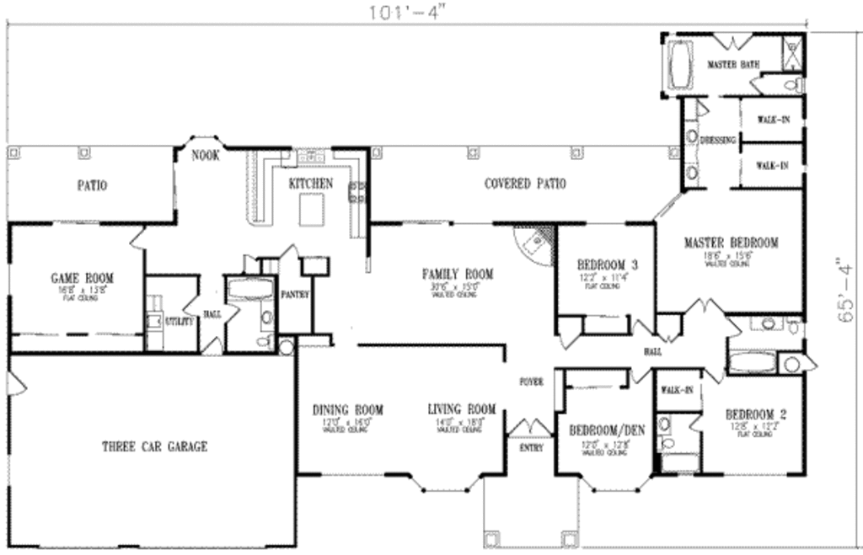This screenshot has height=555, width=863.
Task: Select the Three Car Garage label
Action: (154, 446)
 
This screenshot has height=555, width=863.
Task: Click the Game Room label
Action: (83, 278)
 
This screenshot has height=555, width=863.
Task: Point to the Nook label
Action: (205, 155)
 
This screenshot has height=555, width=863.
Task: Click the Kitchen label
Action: (310, 183)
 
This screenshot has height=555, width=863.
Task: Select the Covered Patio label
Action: (524, 184)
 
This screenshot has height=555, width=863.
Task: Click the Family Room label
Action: (458, 274)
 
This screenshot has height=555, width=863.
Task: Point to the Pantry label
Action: (296, 295)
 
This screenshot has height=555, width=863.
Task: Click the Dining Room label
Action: (347, 410)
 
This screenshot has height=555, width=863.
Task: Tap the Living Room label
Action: (461, 410)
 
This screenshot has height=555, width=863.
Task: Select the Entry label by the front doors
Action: (531, 447)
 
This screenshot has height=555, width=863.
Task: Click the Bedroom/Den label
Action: (606, 430)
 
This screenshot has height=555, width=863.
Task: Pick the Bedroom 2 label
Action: (756, 414)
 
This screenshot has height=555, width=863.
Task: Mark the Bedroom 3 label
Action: (606, 264)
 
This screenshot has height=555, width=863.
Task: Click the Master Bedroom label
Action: (731, 243)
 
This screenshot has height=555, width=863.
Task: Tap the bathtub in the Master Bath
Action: (678, 63)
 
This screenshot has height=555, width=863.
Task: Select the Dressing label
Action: (718, 140)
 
